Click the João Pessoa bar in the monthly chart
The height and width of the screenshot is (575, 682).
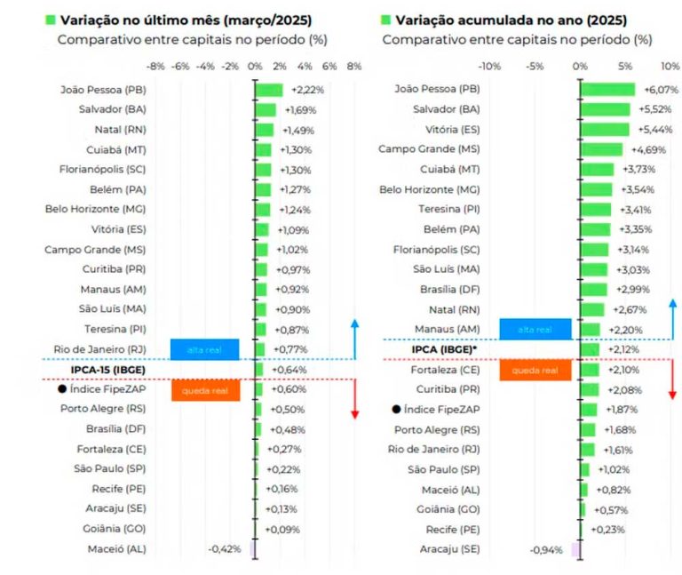coord(268,90)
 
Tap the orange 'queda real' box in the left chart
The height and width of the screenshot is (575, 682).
coord(206,390)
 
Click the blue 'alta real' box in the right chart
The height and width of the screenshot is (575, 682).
coord(535,330)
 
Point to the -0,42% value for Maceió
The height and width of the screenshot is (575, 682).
coord(225,549)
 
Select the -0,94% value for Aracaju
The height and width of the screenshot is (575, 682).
coord(546,549)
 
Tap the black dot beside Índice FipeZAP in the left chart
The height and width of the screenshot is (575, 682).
coord(61,389)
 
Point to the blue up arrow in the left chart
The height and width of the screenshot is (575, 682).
coord(354,338)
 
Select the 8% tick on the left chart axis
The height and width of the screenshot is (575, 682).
coord(353,66)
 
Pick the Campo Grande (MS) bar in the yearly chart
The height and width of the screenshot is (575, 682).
coord(601,149)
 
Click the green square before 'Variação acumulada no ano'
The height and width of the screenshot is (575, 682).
coord(385,19)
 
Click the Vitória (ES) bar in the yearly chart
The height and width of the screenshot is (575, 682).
coord(605,130)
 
